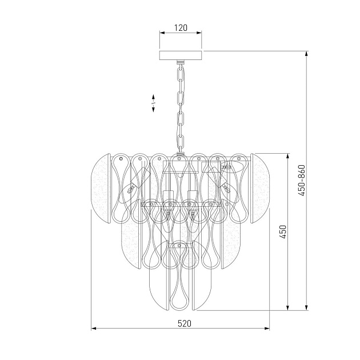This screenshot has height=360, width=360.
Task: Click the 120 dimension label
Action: tap(181, 28)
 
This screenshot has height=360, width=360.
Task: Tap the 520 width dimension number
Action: tap(185, 323)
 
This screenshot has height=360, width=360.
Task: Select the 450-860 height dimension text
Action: tap(302, 180)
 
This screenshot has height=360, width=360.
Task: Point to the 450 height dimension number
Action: tap(283, 232)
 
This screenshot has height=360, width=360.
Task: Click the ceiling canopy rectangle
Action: tap(181, 55)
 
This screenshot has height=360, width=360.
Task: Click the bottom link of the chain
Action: tap(181, 144)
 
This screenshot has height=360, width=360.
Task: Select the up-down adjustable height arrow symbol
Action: tap(153, 103)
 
